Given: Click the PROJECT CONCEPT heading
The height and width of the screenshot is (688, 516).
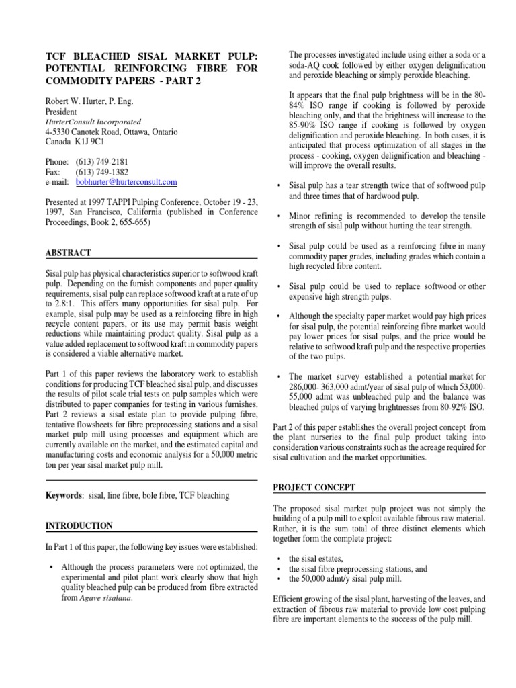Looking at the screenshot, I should coord(314,487).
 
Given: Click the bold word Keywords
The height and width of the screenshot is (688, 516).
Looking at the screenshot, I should coord(64,495).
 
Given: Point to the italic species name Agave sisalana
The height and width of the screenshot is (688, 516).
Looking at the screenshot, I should coord(104,597).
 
